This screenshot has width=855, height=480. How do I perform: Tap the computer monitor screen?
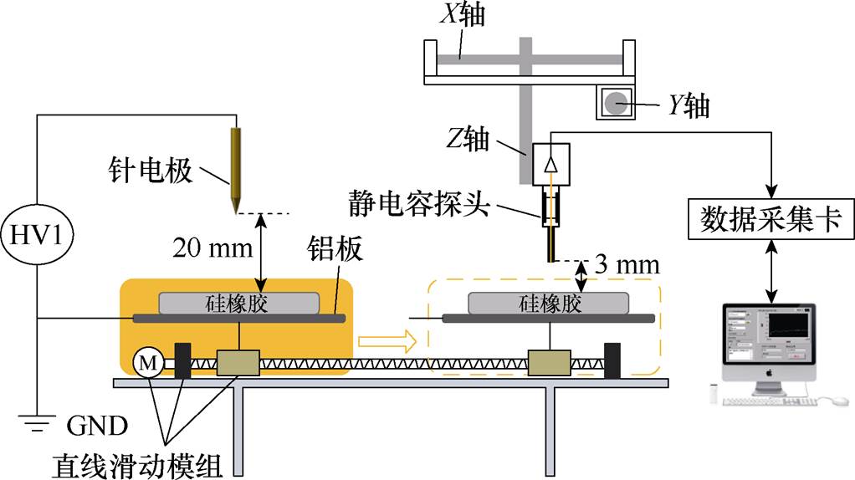point(767,335)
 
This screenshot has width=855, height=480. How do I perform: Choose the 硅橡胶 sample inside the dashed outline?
point(549,302)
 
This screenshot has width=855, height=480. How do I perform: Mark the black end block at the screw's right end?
point(612,360)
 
